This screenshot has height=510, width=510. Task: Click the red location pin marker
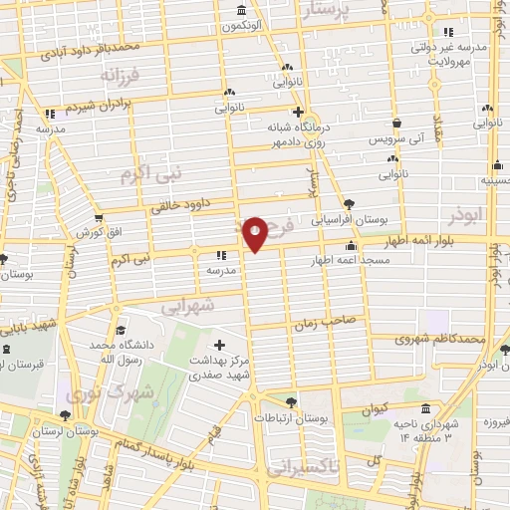(x=255, y=233)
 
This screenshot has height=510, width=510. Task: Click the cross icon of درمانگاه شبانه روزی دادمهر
(x=297, y=112)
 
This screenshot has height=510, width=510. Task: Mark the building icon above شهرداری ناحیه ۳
(x=426, y=409)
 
